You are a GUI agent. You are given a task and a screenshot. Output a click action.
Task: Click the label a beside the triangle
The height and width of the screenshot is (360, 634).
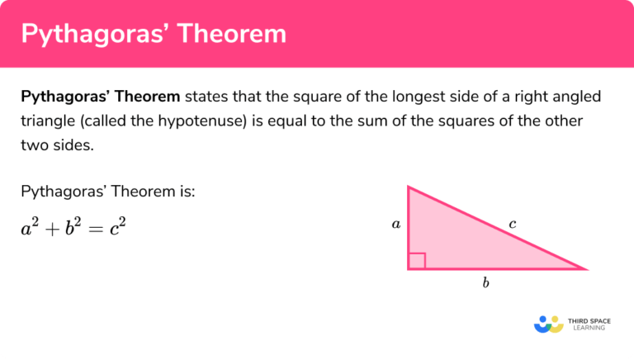(x=396, y=224)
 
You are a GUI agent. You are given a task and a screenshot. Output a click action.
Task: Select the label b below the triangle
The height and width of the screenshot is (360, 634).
(x=485, y=283)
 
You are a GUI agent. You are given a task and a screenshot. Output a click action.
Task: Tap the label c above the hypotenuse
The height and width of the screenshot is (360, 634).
(x=512, y=223)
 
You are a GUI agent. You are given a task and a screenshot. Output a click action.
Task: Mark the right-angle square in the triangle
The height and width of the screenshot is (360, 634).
(x=417, y=261)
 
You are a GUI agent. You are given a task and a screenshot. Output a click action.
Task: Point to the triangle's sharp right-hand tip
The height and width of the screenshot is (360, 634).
(x=584, y=268)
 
